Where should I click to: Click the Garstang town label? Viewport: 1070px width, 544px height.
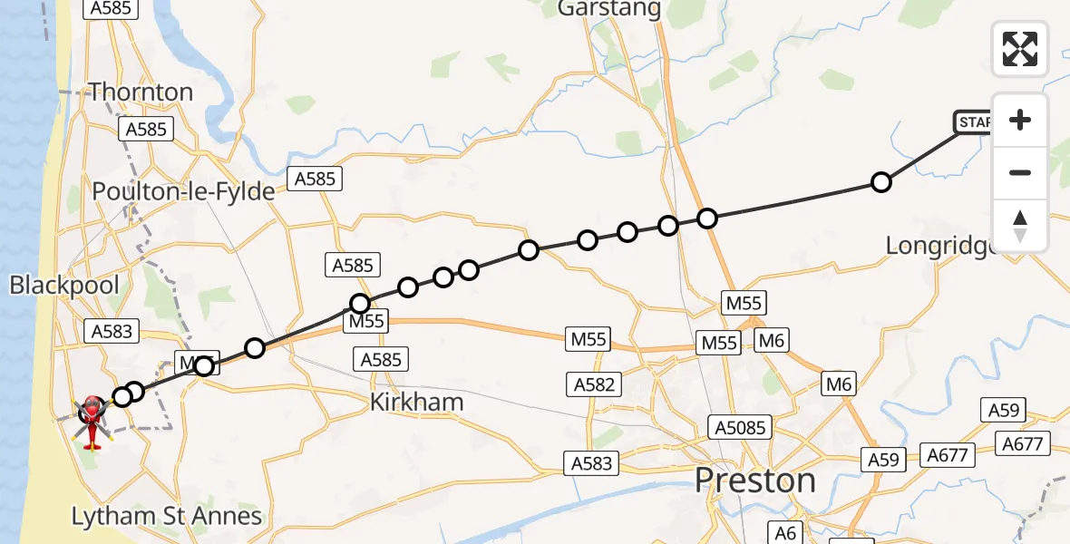(x=609, y=8)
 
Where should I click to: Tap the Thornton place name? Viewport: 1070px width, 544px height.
(x=141, y=92)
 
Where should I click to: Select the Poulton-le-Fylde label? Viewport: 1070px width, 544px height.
(x=183, y=192)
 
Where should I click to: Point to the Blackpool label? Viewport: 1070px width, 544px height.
(x=64, y=286)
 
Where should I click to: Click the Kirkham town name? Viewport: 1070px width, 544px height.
(x=417, y=403)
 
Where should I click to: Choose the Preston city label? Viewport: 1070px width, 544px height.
(x=755, y=481)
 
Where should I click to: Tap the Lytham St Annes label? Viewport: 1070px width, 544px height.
(x=168, y=517)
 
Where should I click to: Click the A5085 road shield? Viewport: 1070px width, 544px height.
(x=740, y=427)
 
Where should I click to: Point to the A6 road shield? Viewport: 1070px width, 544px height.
(x=785, y=531)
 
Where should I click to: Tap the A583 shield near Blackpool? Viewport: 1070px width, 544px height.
(x=112, y=332)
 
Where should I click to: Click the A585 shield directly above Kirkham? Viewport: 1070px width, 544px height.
(x=381, y=360)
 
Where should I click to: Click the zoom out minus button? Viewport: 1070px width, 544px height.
(x=1020, y=173)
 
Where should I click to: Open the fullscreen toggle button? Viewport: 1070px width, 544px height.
(x=1020, y=49)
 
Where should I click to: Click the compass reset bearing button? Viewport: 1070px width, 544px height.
(x=1020, y=226)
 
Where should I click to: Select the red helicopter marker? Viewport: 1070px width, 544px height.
(x=92, y=420)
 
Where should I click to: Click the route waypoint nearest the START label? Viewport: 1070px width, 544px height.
(x=880, y=183)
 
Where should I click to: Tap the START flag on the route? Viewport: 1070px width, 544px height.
(x=972, y=122)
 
